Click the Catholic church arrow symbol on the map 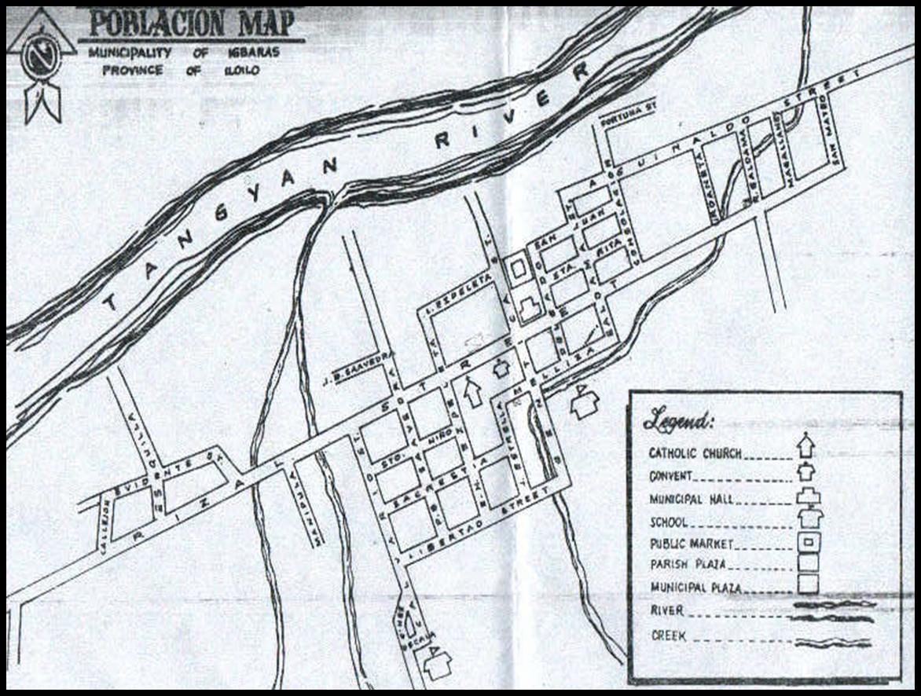pos(472,390)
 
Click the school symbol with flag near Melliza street pos(584,402)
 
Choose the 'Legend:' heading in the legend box pos(678,421)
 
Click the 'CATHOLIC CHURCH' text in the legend pos(695,453)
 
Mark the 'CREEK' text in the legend pos(669,636)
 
